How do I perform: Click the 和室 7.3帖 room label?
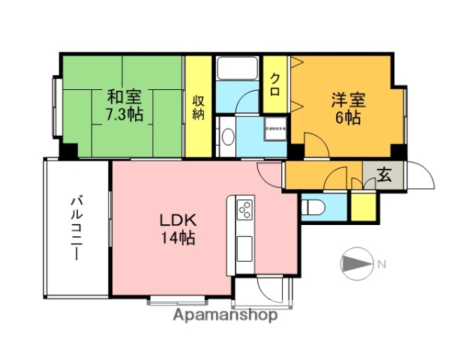tap(124, 106)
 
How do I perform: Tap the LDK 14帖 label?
tap(177, 229)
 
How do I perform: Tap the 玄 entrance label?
tap(384, 176)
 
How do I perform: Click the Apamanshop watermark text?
tap(225, 316)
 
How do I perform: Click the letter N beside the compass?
tap(382, 264)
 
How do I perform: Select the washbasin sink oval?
tap(228, 136)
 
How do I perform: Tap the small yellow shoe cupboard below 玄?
tap(364, 207)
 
